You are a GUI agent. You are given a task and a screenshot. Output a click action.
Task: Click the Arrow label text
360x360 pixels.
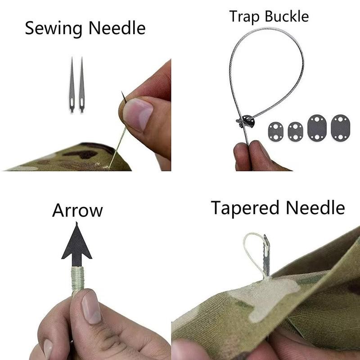(x=77, y=210)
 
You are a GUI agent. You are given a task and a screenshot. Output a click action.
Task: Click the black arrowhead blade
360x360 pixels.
(x=76, y=247)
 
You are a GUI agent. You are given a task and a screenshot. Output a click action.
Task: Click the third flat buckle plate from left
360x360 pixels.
(x=317, y=128)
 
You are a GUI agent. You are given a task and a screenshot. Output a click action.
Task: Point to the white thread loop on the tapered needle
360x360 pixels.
(x=254, y=252)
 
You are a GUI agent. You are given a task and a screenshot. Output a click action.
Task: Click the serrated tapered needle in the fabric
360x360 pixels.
(x=266, y=256)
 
